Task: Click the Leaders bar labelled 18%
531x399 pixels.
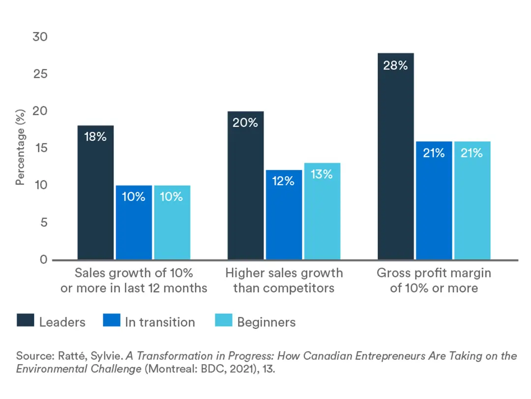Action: (96, 192)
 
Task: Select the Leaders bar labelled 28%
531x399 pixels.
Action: (396, 156)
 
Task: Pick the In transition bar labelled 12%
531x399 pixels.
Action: (284, 215)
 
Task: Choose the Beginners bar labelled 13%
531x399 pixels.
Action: (322, 211)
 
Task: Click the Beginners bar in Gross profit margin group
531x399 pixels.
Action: (472, 200)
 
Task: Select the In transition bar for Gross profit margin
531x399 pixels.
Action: (434, 200)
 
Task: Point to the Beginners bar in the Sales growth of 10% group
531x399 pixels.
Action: (172, 222)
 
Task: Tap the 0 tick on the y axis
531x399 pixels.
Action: (43, 259)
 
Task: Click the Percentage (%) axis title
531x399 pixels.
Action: (20, 148)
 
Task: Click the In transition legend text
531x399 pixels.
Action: (160, 322)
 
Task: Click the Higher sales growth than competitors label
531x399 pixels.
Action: (284, 280)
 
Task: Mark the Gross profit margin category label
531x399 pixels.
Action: (434, 280)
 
